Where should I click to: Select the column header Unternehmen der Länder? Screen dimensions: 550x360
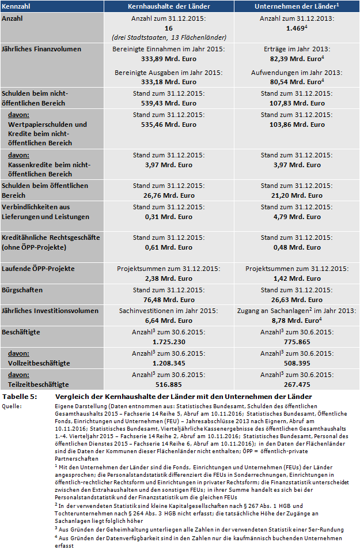click(x=295, y=6)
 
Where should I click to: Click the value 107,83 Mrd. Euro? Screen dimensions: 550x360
click(x=296, y=103)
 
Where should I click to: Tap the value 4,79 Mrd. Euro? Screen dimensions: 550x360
click(x=296, y=217)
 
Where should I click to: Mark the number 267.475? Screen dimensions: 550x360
click(x=296, y=383)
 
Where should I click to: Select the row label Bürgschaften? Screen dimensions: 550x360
click(x=22, y=290)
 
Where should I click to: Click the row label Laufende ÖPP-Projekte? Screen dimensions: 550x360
click(x=38, y=269)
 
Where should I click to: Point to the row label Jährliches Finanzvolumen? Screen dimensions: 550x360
click(x=41, y=48)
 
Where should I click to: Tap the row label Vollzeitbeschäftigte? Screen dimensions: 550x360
click(x=39, y=363)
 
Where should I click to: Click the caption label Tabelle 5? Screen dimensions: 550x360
click(x=20, y=397)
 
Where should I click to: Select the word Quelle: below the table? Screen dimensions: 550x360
click(x=13, y=406)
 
